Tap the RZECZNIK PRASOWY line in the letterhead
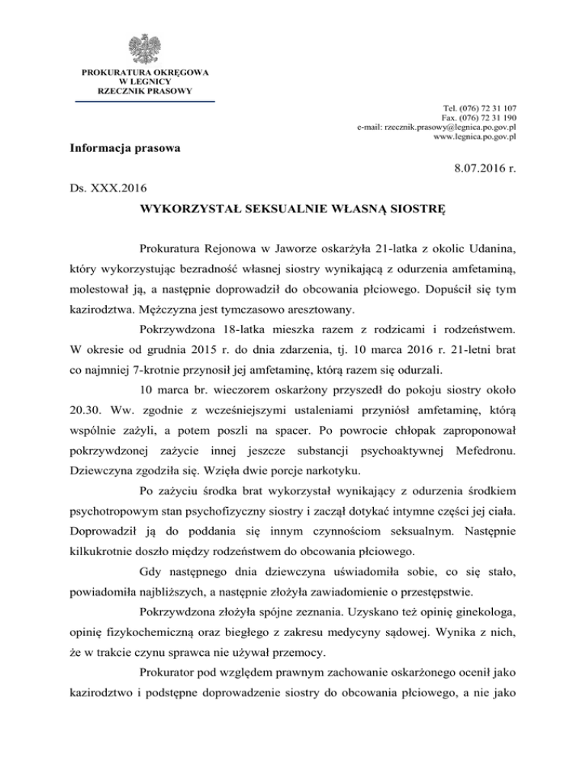tap(145, 91)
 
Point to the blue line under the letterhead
tap(145, 101)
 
